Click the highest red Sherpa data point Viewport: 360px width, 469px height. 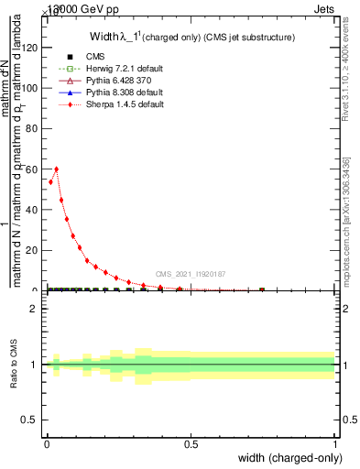pyautogui.click(x=57, y=169)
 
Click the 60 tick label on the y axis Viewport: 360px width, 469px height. pyautogui.click(x=34, y=169)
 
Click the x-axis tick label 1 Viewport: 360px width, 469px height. pyautogui.click(x=335, y=443)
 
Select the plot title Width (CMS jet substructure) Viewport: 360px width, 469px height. pyautogui.click(x=191, y=38)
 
